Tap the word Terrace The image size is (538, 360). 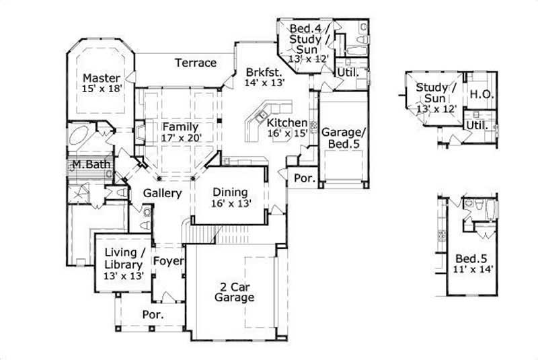(196, 63)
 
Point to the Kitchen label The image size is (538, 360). (287, 123)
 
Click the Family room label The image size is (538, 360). (180, 127)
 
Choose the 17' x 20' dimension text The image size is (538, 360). (182, 138)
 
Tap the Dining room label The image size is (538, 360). (230, 192)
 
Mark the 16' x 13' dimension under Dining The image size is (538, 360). (231, 204)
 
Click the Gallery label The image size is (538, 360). (163, 193)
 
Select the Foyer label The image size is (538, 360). (168, 260)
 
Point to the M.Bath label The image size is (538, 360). (87, 164)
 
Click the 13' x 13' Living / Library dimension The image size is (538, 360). (123, 276)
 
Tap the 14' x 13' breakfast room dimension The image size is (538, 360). (265, 82)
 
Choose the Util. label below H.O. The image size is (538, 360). (477, 125)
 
